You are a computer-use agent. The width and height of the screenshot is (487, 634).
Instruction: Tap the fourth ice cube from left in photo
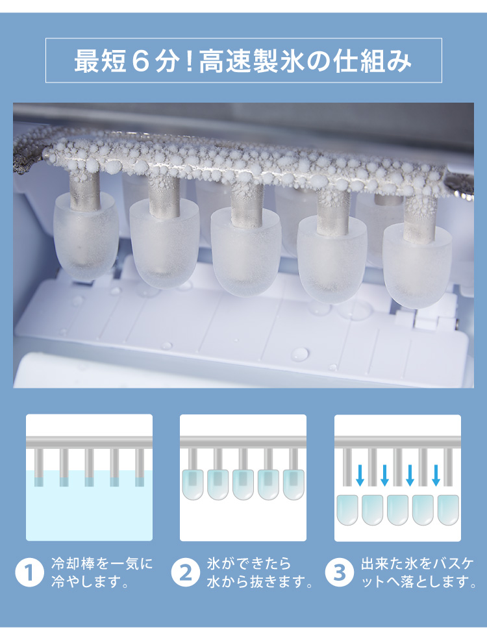point(331,260)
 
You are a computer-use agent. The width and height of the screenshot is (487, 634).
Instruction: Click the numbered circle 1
point(29,572)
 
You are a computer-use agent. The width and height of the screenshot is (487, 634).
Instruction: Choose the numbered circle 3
point(339,572)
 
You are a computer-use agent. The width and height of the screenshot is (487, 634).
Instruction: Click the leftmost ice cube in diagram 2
point(192,484)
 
